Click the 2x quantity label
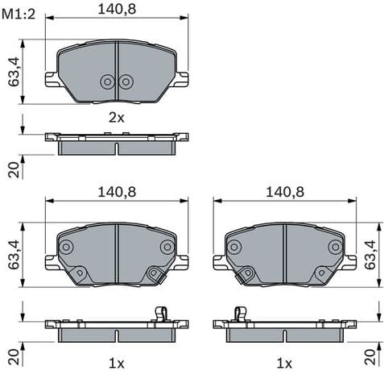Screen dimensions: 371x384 pos(117,117)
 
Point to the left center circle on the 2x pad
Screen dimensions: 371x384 pos(107,81)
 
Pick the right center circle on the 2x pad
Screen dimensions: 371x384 pos(126,81)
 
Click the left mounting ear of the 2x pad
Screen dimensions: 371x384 pos(51,78)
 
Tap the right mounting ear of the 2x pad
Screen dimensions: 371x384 pos(184,78)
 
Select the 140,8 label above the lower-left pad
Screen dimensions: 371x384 pos(117,192)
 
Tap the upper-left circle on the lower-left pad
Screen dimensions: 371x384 pos(66,247)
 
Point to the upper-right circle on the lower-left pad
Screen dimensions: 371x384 pos(167,247)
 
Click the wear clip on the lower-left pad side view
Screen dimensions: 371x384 pos(160,314)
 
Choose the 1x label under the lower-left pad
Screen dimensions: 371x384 pos(117,363)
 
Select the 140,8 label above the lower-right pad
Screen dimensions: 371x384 pos(285,192)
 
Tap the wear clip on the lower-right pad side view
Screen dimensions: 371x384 pos(239,314)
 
